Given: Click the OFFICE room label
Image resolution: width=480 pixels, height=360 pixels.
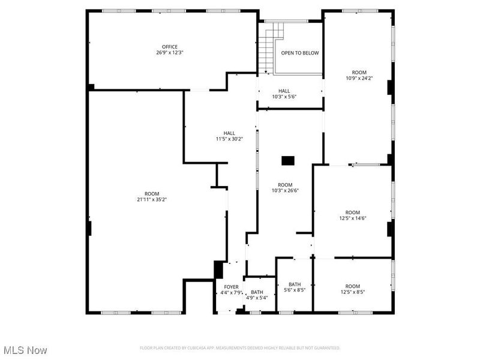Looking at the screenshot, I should (169, 47).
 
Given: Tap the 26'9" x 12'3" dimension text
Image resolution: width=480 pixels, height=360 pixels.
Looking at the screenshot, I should (169, 53).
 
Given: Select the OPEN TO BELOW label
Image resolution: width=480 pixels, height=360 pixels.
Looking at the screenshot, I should (300, 53).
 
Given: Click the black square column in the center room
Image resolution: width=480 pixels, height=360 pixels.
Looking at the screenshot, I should (289, 160).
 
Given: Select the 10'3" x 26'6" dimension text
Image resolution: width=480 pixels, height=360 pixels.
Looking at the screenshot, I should (284, 191).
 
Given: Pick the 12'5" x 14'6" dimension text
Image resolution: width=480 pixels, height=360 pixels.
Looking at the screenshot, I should (352, 218).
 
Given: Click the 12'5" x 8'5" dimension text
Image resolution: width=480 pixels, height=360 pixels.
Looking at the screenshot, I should (352, 292).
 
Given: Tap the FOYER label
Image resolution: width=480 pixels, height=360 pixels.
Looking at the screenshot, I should (231, 287).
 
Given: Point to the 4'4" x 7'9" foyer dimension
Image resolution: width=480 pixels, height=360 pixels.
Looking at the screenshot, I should (231, 293).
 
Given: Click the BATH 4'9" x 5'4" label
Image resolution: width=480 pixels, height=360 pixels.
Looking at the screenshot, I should (257, 295).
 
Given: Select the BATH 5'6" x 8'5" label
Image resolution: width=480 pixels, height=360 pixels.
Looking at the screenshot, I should (295, 287).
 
